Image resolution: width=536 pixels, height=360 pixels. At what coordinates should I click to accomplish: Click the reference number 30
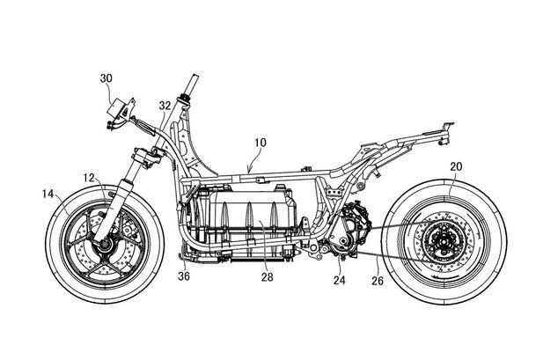pos(106,78)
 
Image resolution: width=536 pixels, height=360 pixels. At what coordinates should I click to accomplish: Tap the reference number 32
pos(164,106)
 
